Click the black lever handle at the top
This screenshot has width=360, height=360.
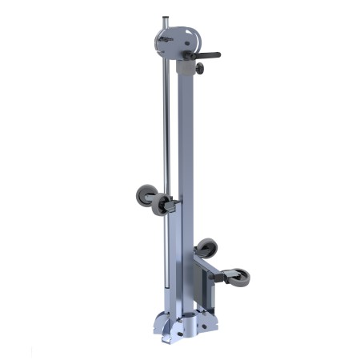[x=206, y=55]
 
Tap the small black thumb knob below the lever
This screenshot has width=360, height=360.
[x=198, y=70]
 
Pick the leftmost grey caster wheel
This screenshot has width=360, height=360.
[x=146, y=194]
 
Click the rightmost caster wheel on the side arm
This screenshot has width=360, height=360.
[x=238, y=278]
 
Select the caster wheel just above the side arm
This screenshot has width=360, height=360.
[x=206, y=248]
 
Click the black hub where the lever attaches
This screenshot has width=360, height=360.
[x=188, y=55]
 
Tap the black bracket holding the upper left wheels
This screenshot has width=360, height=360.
[x=170, y=206]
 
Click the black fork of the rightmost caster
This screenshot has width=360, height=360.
[x=227, y=276]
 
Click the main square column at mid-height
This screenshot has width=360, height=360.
[x=186, y=160]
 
